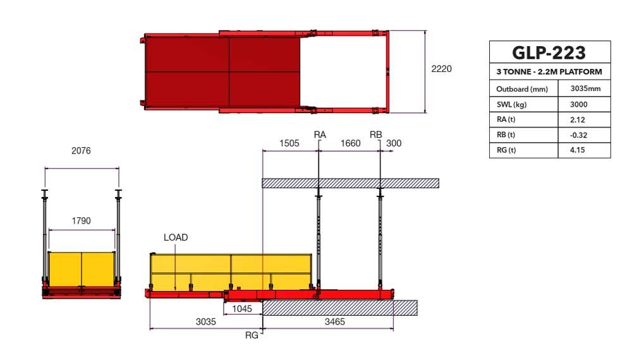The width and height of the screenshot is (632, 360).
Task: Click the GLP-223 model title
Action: coord(549,53)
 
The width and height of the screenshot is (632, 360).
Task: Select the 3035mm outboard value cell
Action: coord(585,88)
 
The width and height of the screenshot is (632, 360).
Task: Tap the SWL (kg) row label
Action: coord(511,105)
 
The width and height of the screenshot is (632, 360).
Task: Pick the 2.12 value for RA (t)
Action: coord(578,119)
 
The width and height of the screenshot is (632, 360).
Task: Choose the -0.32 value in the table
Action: coord(578,135)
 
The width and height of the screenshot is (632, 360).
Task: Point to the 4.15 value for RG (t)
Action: coord(578,150)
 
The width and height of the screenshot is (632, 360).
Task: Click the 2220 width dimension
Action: coord(441,69)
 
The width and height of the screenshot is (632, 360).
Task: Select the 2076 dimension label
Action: coord(81,150)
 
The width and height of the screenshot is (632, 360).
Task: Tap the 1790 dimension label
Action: coord(81,220)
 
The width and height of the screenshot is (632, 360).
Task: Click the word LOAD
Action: coord(176,237)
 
